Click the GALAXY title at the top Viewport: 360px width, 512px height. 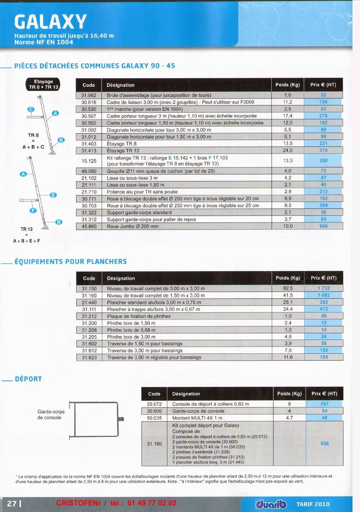pos(50,22)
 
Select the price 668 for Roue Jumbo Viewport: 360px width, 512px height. pos(323,226)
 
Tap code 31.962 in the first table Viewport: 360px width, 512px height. pos(89,95)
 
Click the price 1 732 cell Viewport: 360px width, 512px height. pos(324,288)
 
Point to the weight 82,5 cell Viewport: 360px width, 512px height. pos(288,288)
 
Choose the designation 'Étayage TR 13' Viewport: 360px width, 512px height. pos(123,151)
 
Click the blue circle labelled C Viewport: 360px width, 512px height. pos(31,109)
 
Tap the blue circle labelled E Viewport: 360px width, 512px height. pos(53,195)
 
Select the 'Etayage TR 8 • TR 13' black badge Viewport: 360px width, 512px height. pos(43,84)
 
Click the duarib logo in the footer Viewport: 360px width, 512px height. pos(271,504)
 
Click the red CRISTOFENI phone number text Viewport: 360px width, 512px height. pos(116,503)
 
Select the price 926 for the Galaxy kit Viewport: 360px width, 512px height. pos(324,443)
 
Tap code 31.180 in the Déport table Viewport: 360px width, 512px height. pos(154,444)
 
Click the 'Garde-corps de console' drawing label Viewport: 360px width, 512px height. pos(51,414)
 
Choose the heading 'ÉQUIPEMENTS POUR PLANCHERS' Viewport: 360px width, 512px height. pos(71,262)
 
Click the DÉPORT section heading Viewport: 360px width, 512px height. pos(28,379)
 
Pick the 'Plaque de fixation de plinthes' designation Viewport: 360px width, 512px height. pos(139,316)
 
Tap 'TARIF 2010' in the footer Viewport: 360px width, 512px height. pos(313,504)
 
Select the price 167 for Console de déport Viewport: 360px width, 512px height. pos(324,404)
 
